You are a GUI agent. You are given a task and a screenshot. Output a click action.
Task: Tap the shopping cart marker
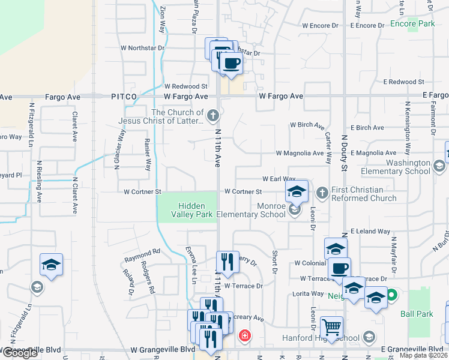coord(331,327)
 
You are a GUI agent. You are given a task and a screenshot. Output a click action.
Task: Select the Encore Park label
coord(412,24)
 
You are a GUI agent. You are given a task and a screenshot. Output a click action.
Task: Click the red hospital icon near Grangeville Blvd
coord(244,335)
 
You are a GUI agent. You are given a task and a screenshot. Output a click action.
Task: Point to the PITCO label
coord(124,96)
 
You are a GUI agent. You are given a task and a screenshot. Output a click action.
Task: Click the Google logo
coord(20,353)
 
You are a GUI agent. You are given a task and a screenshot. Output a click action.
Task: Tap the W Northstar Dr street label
coord(142,47)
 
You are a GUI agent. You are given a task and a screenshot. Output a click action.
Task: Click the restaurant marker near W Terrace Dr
coord(228,262)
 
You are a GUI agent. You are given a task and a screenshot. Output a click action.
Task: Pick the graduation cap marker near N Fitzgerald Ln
coord(52,265)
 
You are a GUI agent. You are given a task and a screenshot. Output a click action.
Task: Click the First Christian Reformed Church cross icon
coord(322,192)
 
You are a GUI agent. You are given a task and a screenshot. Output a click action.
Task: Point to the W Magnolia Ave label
coord(300,153)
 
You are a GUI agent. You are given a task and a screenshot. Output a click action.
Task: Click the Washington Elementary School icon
coord(439,166)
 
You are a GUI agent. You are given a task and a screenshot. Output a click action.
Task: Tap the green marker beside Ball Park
coord(391,295)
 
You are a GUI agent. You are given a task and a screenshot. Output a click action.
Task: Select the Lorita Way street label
coord(307,293)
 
